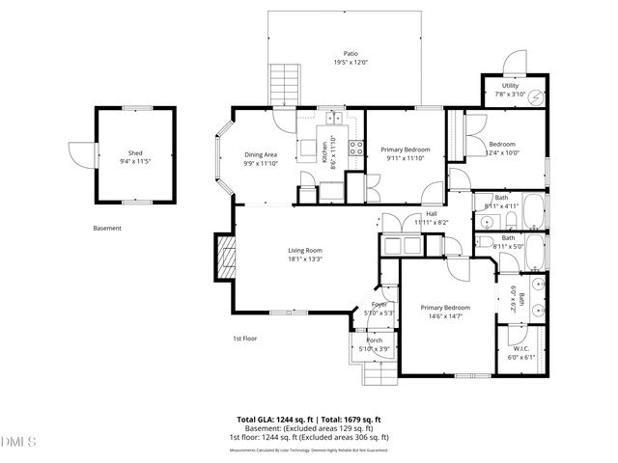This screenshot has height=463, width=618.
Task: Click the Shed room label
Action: pyautogui.click(x=135, y=153)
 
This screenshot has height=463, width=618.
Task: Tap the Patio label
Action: pyautogui.click(x=345, y=54)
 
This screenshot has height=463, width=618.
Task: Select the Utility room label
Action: pyautogui.click(x=511, y=85)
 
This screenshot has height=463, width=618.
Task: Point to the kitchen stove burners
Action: pyautogui.click(x=355, y=149)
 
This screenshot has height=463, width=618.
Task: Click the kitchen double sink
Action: pyautogui.click(x=335, y=119)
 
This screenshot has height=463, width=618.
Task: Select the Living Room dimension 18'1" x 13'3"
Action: pyautogui.click(x=304, y=259)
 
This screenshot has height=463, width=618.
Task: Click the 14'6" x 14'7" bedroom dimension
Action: pyautogui.click(x=440, y=316)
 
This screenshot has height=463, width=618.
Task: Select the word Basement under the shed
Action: pyautogui.click(x=107, y=229)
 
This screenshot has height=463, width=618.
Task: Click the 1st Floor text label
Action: pyautogui.click(x=244, y=339)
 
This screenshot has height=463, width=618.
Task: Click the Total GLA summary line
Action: pyautogui.click(x=309, y=420)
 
